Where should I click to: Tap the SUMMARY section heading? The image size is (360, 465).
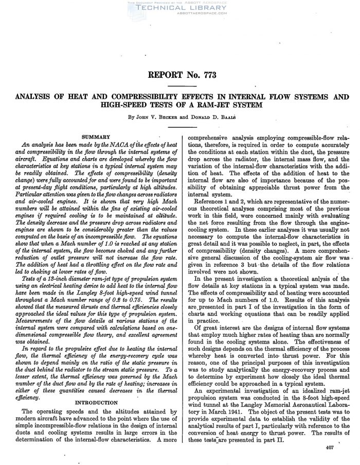[96, 136]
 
